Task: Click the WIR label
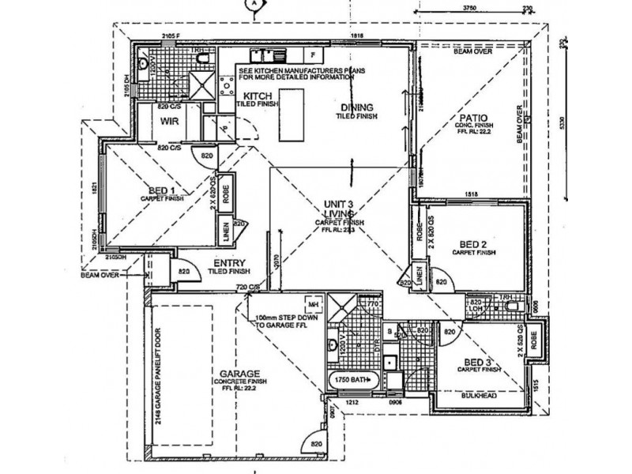167,122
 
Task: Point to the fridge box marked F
314,56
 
